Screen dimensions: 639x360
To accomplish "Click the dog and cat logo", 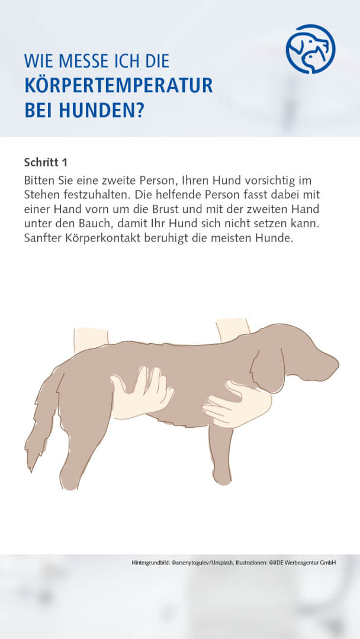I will click(310, 49).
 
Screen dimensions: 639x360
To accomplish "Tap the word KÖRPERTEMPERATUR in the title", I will click(118, 86).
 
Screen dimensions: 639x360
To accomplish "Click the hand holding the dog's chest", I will click(237, 405).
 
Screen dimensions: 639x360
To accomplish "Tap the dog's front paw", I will click(222, 473).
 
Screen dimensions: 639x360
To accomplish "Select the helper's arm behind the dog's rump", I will click(90, 340).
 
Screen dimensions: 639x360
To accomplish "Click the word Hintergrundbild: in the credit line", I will click(152, 562).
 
